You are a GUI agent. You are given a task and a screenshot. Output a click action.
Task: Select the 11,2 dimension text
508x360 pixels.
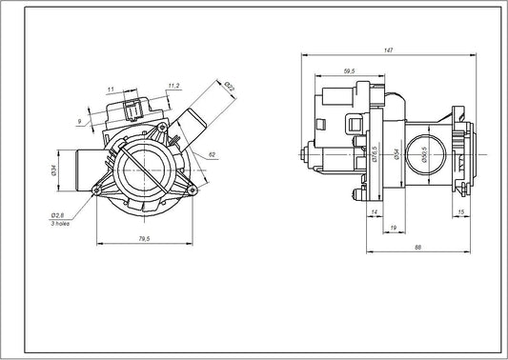click(173, 86)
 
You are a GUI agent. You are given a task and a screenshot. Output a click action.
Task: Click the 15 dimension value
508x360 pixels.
click(462, 211)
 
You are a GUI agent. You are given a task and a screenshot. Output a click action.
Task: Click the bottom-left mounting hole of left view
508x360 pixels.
click(94, 191)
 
